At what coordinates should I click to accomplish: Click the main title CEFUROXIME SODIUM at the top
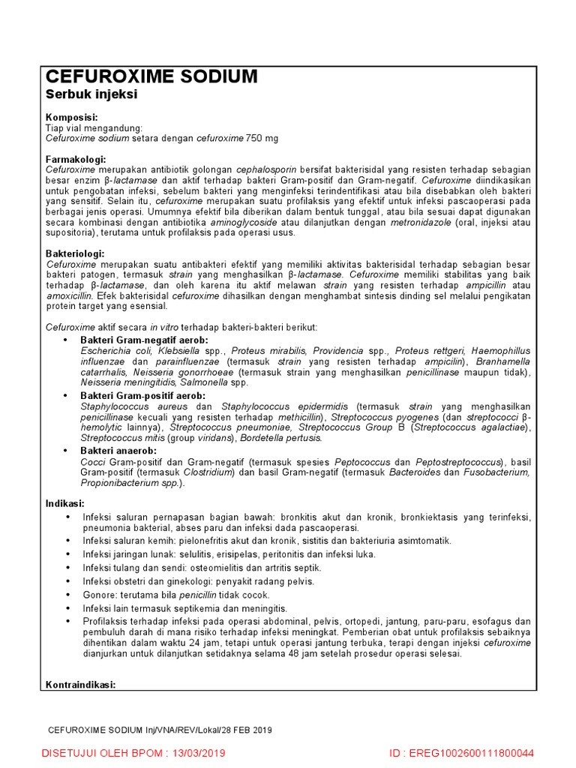pos(151,76)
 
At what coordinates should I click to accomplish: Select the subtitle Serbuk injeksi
pos(91,94)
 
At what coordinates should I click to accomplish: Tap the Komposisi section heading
pos(71,118)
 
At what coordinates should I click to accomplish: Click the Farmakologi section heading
pos(76,160)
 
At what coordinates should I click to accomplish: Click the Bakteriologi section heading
pos(75,254)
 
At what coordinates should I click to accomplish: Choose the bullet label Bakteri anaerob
pos(118,450)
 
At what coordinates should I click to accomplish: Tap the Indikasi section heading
pos(65,502)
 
